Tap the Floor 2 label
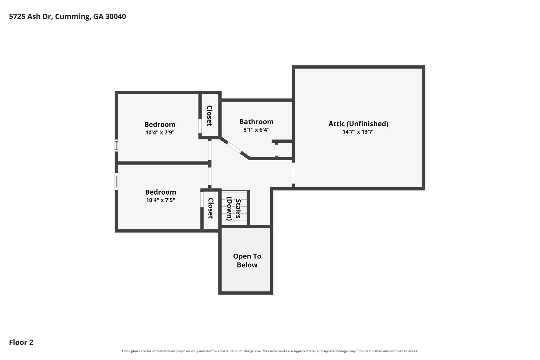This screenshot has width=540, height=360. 21,342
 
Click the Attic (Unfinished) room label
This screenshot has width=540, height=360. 358,124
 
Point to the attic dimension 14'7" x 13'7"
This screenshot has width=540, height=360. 358,132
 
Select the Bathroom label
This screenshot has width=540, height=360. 256,122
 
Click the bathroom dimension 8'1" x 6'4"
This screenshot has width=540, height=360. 256,130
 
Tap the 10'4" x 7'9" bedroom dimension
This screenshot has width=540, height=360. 160,132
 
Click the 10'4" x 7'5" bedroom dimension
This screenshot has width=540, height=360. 161,200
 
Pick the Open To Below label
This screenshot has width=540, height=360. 247,261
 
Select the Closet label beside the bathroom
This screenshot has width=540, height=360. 209,116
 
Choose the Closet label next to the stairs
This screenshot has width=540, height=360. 210,208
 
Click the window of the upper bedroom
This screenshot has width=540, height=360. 116,146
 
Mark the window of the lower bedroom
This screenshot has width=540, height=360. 116,181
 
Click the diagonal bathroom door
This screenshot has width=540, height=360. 234,148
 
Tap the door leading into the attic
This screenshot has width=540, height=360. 293,173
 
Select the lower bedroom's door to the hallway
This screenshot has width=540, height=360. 210,176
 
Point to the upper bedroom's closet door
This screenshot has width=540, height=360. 200,126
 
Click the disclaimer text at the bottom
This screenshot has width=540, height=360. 270,351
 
